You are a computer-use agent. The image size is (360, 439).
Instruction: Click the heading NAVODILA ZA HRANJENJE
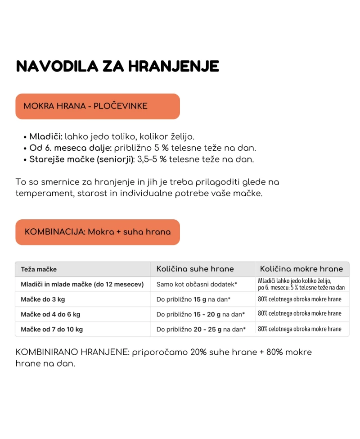point(117,66)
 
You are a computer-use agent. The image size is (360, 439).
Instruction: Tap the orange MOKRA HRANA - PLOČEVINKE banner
point(98,106)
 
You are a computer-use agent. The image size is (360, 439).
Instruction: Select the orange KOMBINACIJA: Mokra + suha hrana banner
point(98,232)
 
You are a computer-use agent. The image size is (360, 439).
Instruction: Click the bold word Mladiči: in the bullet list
point(46,136)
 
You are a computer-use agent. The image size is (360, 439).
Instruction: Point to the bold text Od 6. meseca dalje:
point(70,148)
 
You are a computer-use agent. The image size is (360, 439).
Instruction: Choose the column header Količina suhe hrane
point(195,269)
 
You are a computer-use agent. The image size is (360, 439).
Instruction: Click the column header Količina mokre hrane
point(301,269)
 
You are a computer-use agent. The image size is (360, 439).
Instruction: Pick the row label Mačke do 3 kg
point(43,299)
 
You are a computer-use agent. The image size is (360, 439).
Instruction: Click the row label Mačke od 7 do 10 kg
point(52,329)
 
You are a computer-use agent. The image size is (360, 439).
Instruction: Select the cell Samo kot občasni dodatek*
point(197,284)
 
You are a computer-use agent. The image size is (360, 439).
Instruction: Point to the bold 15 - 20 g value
point(207,314)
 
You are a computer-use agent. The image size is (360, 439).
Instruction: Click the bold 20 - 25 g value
point(207,329)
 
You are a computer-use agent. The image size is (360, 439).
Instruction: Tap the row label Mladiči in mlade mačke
point(82,284)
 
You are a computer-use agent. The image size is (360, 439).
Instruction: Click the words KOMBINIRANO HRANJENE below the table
point(72,352)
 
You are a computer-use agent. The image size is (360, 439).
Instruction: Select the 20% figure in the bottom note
point(198,352)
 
